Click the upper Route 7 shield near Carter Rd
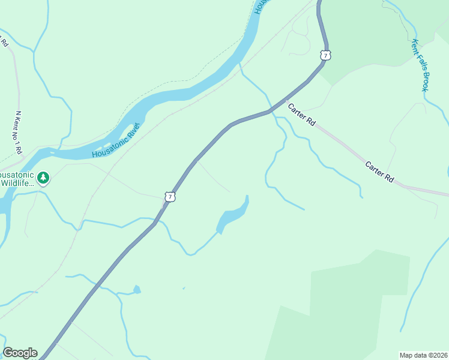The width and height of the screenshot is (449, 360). coord(325,55)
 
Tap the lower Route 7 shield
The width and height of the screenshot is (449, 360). coord(170,196)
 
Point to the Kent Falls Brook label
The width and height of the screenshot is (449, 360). coord(420,65)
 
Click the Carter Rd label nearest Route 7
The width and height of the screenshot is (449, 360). coord(301,115)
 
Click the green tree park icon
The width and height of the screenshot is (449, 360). coord(43,178)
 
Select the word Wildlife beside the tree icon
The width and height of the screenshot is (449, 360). coord(17,183)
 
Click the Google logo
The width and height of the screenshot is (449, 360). coord(19,353)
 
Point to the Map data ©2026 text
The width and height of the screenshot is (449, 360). coord(424,355)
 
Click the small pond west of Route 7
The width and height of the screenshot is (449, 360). coord(137,290)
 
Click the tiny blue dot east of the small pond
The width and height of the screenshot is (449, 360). coord(184,288)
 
